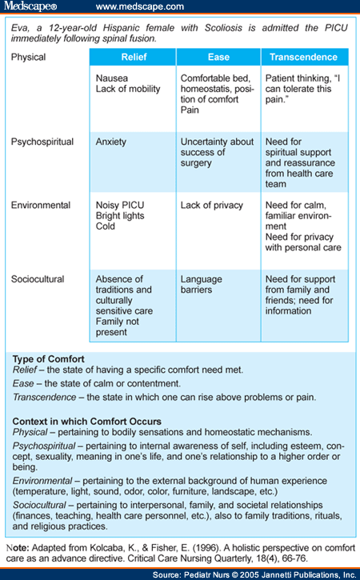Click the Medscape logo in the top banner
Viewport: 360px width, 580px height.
pyautogui.click(x=30, y=6)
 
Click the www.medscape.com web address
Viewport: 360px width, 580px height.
pyautogui.click(x=140, y=6)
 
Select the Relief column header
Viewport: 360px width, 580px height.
pyautogui.click(x=133, y=57)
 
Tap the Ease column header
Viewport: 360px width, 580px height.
pyautogui.click(x=218, y=57)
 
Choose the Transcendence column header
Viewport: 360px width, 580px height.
pyautogui.click(x=303, y=57)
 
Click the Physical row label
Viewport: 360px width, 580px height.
pyautogui.click(x=29, y=58)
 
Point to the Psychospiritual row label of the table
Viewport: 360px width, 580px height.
pyautogui.click(x=42, y=142)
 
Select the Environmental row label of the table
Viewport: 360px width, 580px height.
pyautogui.click(x=41, y=206)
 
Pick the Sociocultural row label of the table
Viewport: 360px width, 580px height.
pyautogui.click(x=38, y=279)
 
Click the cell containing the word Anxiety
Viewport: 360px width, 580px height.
pyautogui.click(x=133, y=162)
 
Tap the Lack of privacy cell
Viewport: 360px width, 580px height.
pyautogui.click(x=218, y=231)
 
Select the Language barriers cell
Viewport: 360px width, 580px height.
pyautogui.click(x=218, y=306)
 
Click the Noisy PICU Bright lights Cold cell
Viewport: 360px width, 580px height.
pyautogui.click(x=133, y=231)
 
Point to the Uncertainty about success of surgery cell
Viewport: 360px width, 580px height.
pyautogui.click(x=218, y=162)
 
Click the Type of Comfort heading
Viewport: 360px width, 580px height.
pyautogui.click(x=49, y=359)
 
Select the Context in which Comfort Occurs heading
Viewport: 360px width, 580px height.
pyautogui.click(x=87, y=422)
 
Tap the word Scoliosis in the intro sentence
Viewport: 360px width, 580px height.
pyautogui.click(x=223, y=28)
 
